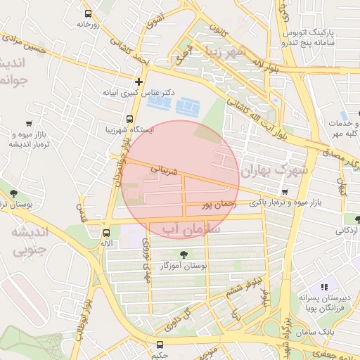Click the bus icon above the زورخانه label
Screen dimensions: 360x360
point(87,13)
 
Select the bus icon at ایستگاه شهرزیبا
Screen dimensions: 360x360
point(129,119)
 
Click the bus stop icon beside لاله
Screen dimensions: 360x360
point(106,233)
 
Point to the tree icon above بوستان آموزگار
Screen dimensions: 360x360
point(184,255)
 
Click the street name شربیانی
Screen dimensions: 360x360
point(166,169)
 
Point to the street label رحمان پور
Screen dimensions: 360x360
point(216,205)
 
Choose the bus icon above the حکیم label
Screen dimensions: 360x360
point(160,345)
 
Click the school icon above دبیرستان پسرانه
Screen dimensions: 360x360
point(324,287)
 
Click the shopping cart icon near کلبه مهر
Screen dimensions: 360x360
point(343,114)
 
